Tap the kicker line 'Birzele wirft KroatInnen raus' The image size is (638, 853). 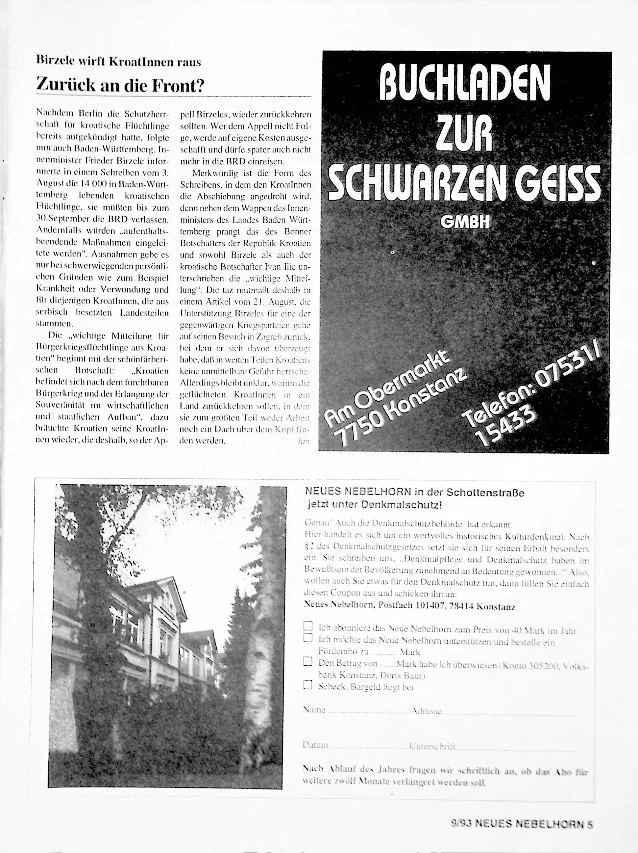tap(119, 62)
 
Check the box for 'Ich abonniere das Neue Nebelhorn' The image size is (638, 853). tap(307, 625)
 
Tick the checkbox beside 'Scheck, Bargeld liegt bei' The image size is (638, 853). tap(307, 684)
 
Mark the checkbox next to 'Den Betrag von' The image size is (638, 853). tap(307, 661)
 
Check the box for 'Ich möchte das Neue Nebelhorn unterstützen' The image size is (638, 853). tap(307, 637)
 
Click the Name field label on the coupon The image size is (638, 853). tap(314, 709)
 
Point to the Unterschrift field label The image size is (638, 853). tap(433, 746)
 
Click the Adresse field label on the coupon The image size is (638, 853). tap(426, 711)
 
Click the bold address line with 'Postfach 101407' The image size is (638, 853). tap(409, 606)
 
